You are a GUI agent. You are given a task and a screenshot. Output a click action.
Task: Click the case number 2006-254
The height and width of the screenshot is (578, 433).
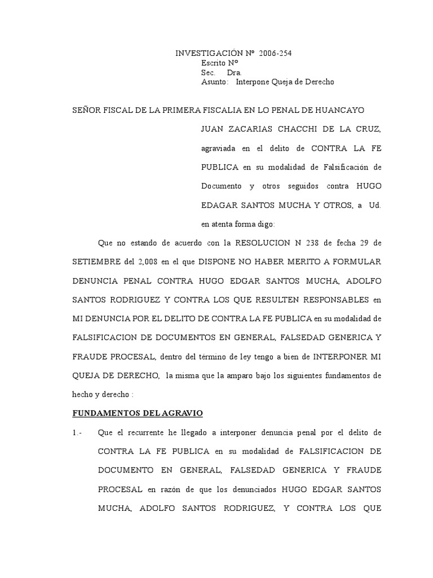[x=276, y=54]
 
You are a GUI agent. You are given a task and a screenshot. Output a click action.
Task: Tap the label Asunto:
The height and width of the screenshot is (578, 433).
[x=215, y=82]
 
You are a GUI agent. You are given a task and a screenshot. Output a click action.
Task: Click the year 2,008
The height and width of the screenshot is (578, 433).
[x=148, y=262]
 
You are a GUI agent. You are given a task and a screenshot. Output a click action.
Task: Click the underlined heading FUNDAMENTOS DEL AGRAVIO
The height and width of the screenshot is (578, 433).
[x=138, y=413]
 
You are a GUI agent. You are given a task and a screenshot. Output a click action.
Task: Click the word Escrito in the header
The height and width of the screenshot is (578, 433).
[x=214, y=63]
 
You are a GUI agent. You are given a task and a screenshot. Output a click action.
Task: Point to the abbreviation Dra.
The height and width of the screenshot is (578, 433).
[x=234, y=73]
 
